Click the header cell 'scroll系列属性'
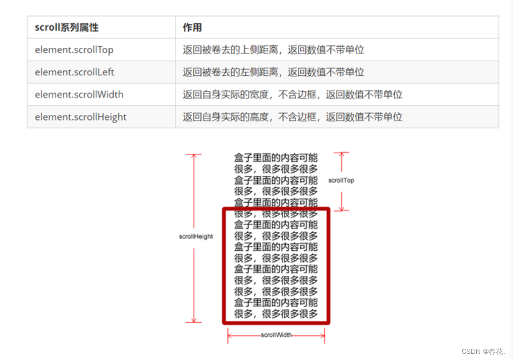(66, 27)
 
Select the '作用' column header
(192, 27)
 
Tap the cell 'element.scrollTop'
(74, 50)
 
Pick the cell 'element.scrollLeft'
(75, 72)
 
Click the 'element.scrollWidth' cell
(79, 94)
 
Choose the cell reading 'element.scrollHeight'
(81, 116)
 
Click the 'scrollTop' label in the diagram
(341, 181)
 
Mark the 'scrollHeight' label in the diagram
(196, 236)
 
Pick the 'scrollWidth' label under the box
(276, 335)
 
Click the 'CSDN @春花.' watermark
(483, 351)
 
